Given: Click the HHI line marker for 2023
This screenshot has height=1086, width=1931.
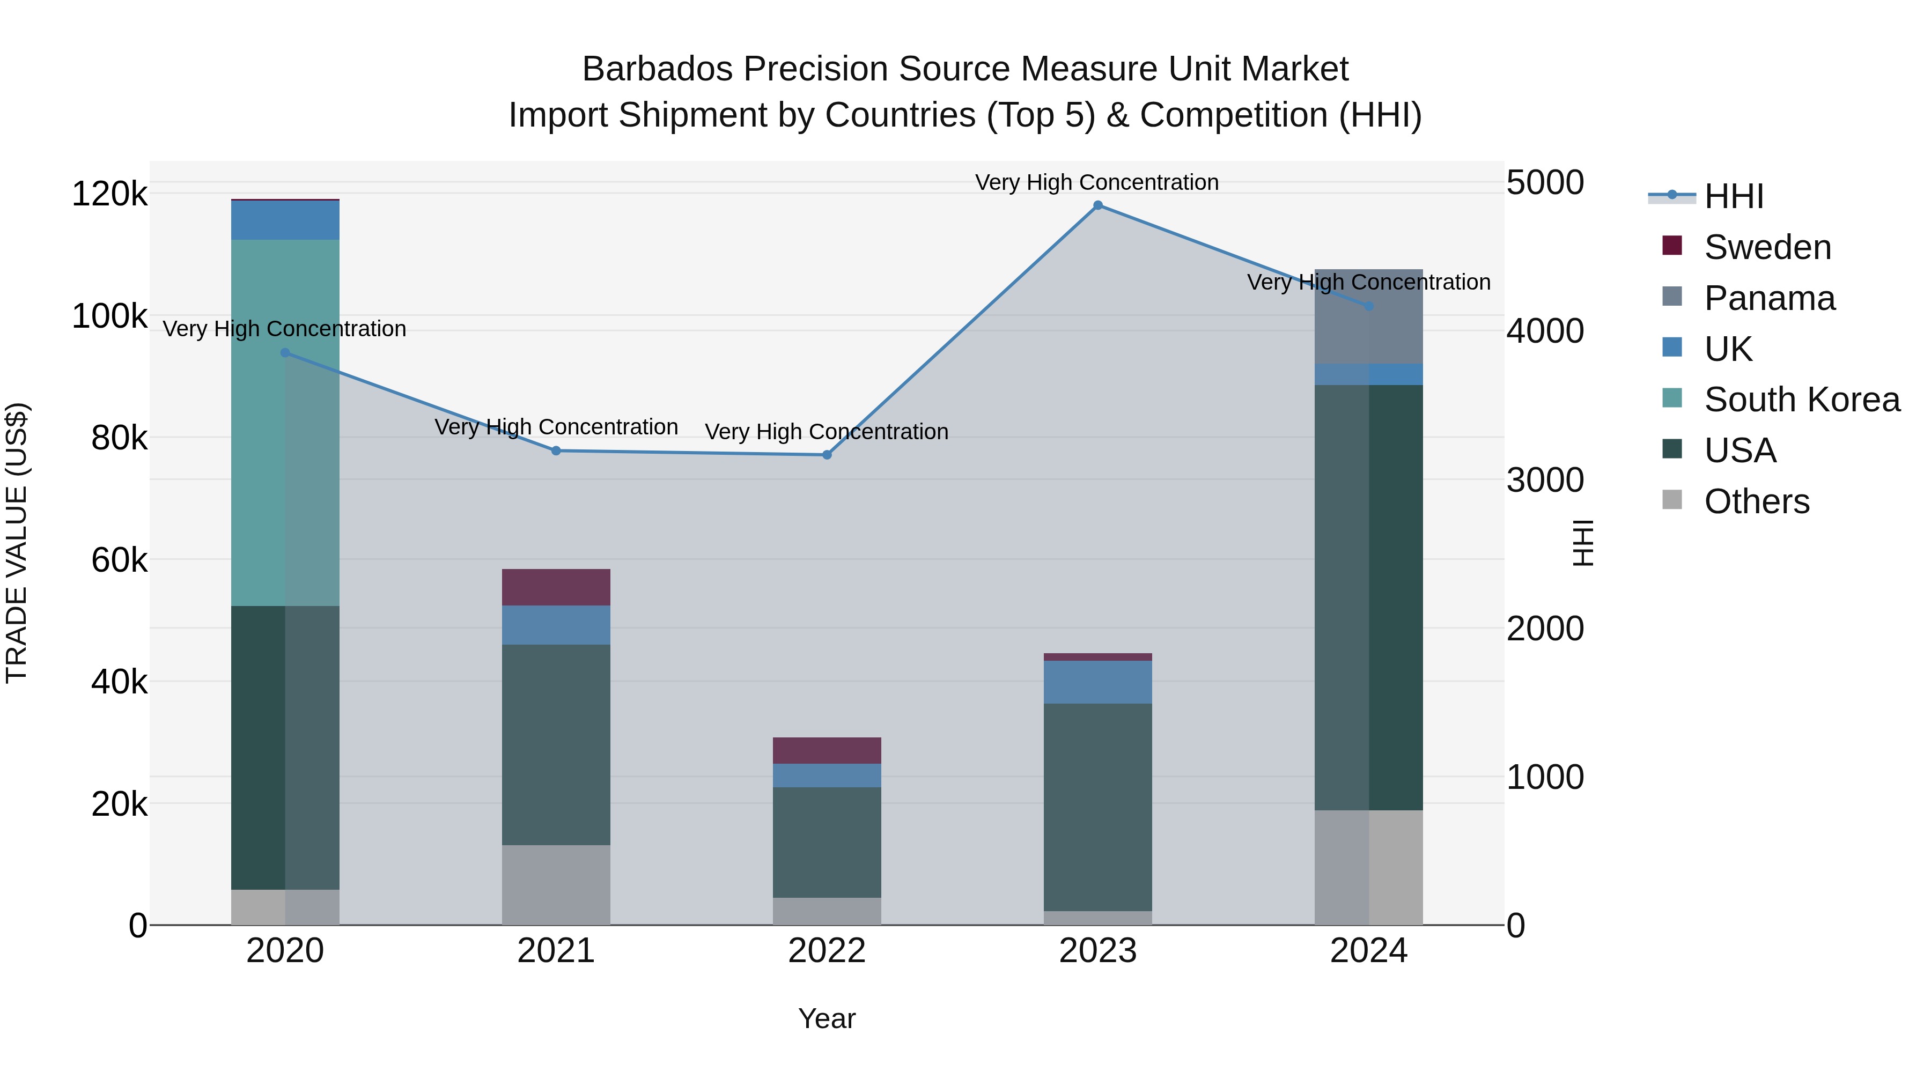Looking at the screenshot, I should pyautogui.click(x=1097, y=205).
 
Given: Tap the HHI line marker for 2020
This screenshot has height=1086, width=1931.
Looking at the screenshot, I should pyautogui.click(x=285, y=353).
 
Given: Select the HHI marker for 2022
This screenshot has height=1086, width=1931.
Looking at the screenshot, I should pyautogui.click(x=827, y=455).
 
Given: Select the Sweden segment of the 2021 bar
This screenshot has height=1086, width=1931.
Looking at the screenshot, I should pyautogui.click(x=556, y=587).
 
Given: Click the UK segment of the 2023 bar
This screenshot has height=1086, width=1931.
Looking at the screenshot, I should pyautogui.click(x=1097, y=682).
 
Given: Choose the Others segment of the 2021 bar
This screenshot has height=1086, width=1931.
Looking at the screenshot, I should pyautogui.click(x=556, y=884).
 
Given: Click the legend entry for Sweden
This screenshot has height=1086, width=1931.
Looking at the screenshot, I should pyautogui.click(x=1767, y=247).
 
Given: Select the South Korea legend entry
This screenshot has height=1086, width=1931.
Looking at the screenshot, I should pyautogui.click(x=1801, y=400).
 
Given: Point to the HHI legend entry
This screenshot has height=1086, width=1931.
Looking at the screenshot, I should pyautogui.click(x=1733, y=196).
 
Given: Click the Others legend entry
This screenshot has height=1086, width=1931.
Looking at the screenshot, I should pyautogui.click(x=1756, y=501).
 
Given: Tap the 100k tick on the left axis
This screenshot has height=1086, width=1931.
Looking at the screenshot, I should pyautogui.click(x=109, y=316).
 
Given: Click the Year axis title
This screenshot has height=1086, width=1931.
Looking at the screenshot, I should pyautogui.click(x=826, y=1018).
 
